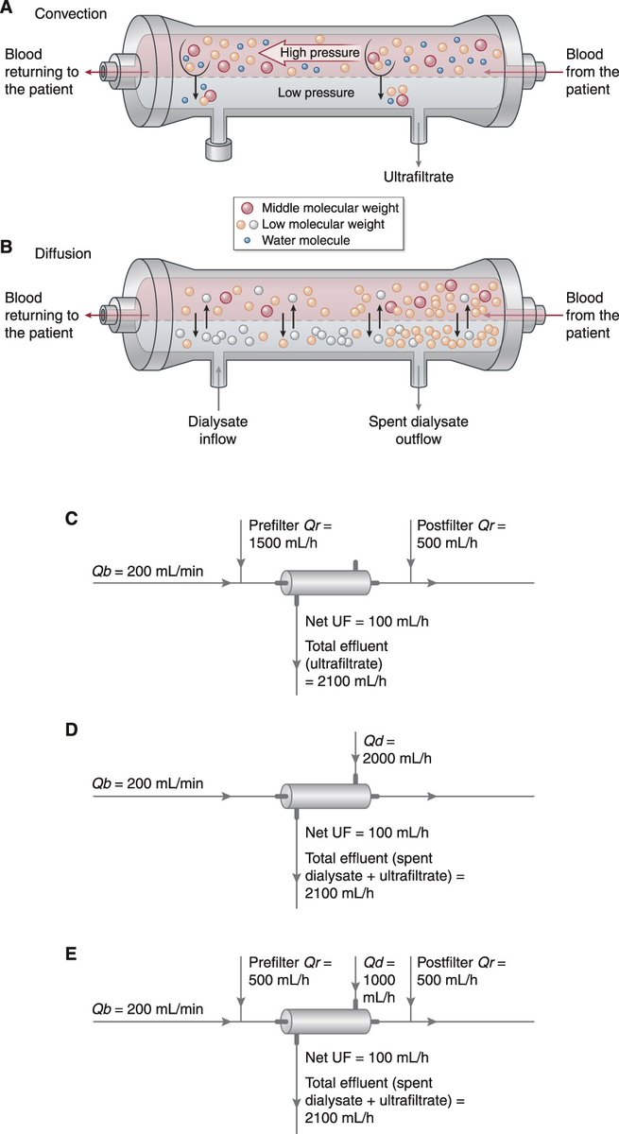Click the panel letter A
tap(7, 9)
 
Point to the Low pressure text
tap(316, 93)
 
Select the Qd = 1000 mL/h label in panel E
tap(377, 979)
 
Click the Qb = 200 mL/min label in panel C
tap(147, 570)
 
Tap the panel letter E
tap(7, 954)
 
